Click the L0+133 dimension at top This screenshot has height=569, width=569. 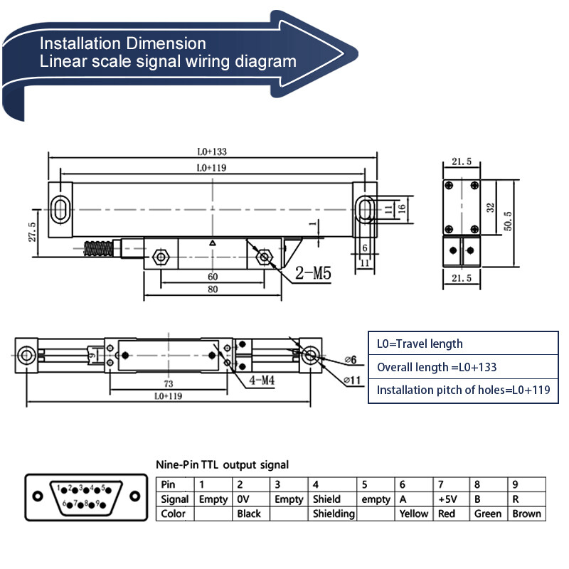tap(212, 151)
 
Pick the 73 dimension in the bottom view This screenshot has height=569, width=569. tap(169, 383)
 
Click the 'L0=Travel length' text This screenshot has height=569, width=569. tap(420, 344)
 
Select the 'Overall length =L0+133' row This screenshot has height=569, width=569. tap(437, 367)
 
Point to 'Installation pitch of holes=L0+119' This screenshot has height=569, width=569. tap(463, 390)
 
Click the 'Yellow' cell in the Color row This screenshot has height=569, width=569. tap(413, 514)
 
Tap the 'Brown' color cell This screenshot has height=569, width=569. tap(526, 514)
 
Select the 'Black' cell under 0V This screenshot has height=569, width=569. tap(249, 514)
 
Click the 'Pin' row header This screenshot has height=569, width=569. tap(169, 484)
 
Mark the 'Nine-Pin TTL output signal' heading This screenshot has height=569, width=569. tap(223, 464)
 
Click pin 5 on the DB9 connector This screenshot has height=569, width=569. tap(105, 489)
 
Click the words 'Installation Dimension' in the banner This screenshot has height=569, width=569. tap(123, 43)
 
